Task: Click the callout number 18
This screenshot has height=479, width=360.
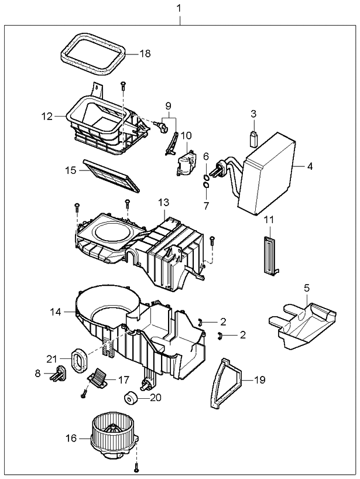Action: pos(145,53)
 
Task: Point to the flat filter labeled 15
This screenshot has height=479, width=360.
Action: pos(112,175)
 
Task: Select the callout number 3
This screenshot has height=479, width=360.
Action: pos(253,113)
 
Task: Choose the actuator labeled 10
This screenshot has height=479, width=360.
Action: pos(184,163)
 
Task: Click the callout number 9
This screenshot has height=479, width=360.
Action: pos(168,106)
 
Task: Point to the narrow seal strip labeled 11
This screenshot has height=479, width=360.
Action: pos(269,255)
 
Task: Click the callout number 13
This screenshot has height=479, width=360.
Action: pos(163,203)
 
